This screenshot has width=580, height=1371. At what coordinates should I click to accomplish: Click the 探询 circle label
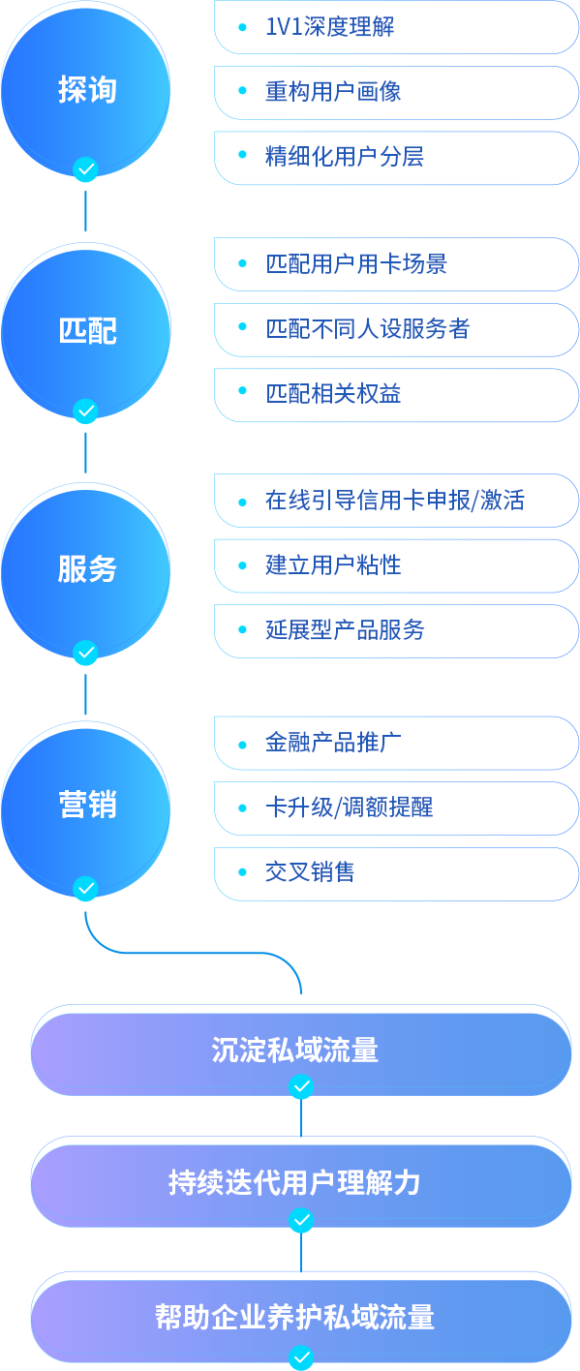(x=87, y=90)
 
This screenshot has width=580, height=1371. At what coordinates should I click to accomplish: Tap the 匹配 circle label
(x=87, y=331)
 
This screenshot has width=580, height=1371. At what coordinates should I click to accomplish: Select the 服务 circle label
(x=87, y=568)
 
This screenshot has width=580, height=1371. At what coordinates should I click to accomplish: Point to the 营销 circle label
(x=87, y=805)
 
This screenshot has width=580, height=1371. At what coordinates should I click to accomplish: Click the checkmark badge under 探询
(x=85, y=169)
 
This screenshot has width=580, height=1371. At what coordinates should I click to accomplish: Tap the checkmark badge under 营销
(x=85, y=888)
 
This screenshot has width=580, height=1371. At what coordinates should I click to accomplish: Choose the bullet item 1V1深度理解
(x=330, y=27)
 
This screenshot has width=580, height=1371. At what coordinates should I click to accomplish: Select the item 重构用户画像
(x=333, y=92)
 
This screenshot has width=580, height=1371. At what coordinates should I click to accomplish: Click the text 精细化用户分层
(x=345, y=157)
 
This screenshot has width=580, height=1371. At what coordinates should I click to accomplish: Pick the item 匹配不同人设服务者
(x=367, y=328)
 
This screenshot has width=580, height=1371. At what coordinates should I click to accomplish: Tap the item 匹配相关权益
(x=333, y=393)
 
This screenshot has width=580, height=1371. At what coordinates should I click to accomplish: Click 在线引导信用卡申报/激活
(x=395, y=500)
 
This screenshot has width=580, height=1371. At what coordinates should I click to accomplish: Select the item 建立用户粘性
(x=333, y=564)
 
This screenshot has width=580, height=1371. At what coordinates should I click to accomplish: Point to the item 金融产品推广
(x=333, y=743)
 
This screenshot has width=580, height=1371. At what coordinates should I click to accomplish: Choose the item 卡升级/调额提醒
(x=349, y=807)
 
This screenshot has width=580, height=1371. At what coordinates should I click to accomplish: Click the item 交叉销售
(x=310, y=872)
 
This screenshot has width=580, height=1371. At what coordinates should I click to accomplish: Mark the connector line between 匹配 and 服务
(x=85, y=453)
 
